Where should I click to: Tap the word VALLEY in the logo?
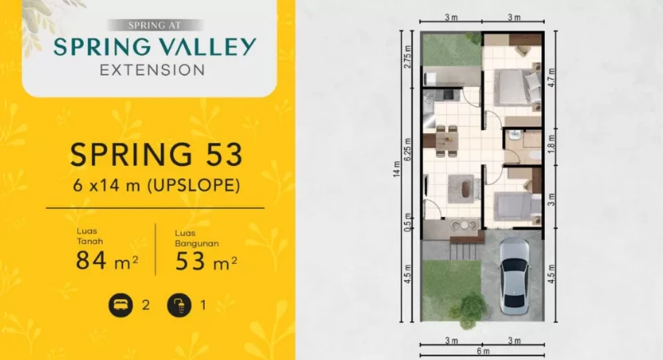[203, 47]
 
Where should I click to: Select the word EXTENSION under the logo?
[152, 71]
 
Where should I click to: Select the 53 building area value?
[193, 262]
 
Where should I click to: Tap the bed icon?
[120, 306]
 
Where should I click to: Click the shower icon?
[178, 306]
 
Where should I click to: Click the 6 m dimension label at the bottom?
[482, 352]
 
